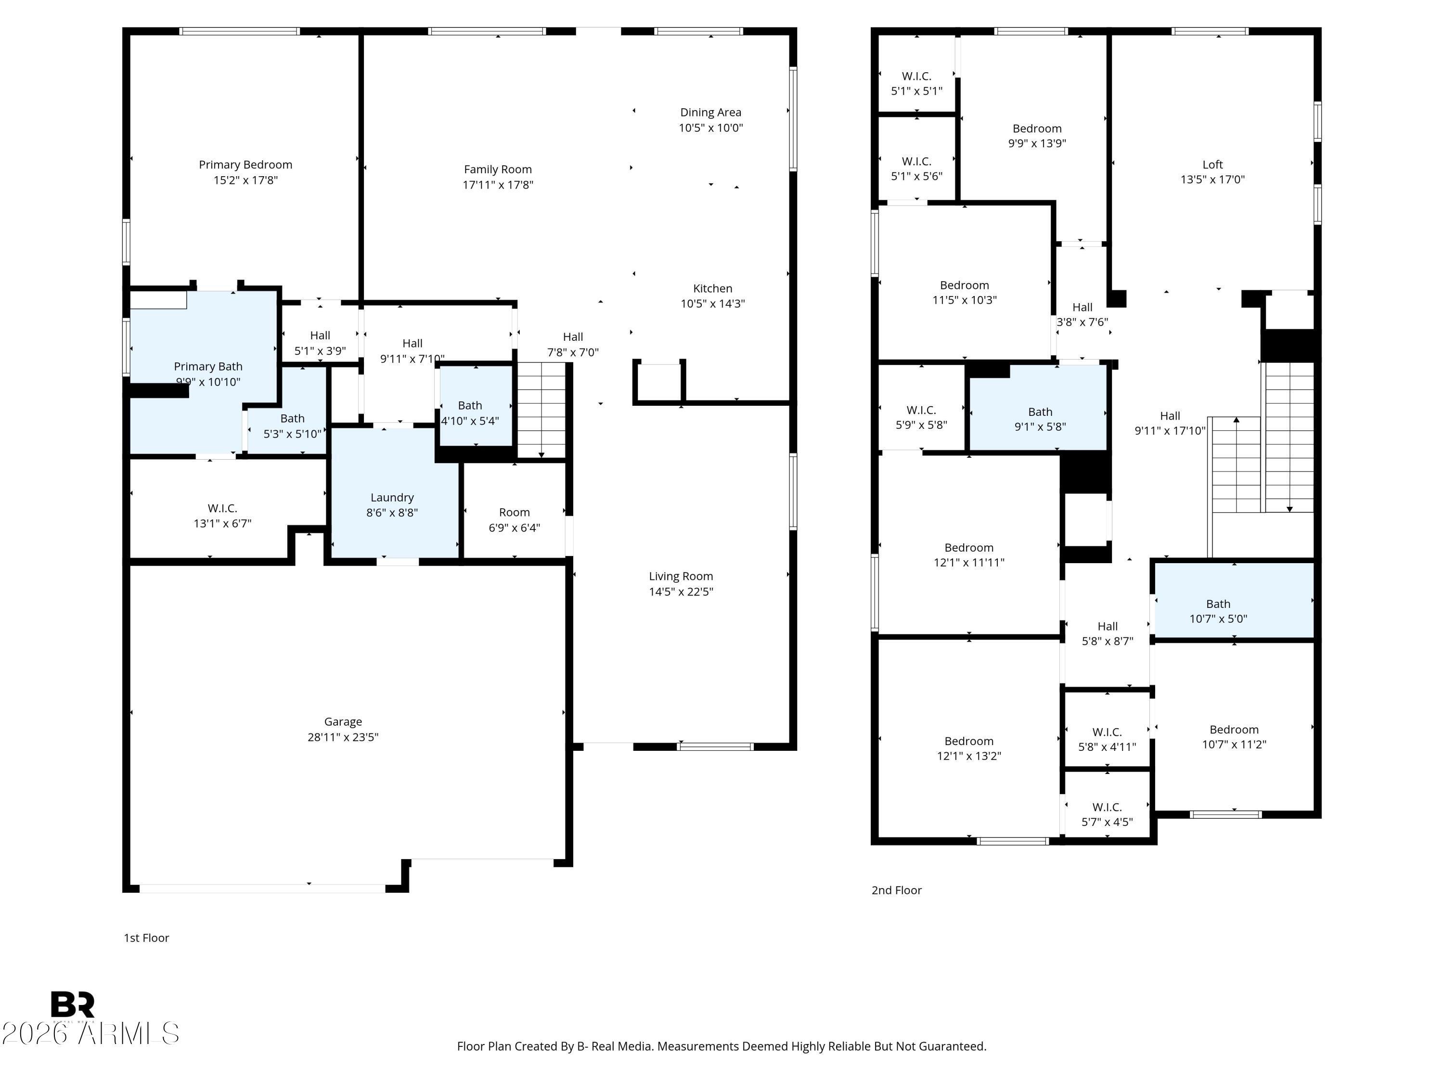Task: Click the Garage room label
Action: click(343, 722)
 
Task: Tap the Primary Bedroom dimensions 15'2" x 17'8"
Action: click(245, 180)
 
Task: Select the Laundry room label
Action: click(392, 497)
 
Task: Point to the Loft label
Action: click(1212, 165)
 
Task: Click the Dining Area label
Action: click(710, 112)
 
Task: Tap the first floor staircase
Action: click(541, 410)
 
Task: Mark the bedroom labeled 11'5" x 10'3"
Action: click(964, 293)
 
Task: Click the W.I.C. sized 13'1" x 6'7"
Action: click(222, 515)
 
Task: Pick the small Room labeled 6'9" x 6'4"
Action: click(515, 520)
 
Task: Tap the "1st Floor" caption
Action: click(146, 938)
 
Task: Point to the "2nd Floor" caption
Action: click(896, 890)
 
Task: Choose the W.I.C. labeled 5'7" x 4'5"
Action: click(1107, 815)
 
